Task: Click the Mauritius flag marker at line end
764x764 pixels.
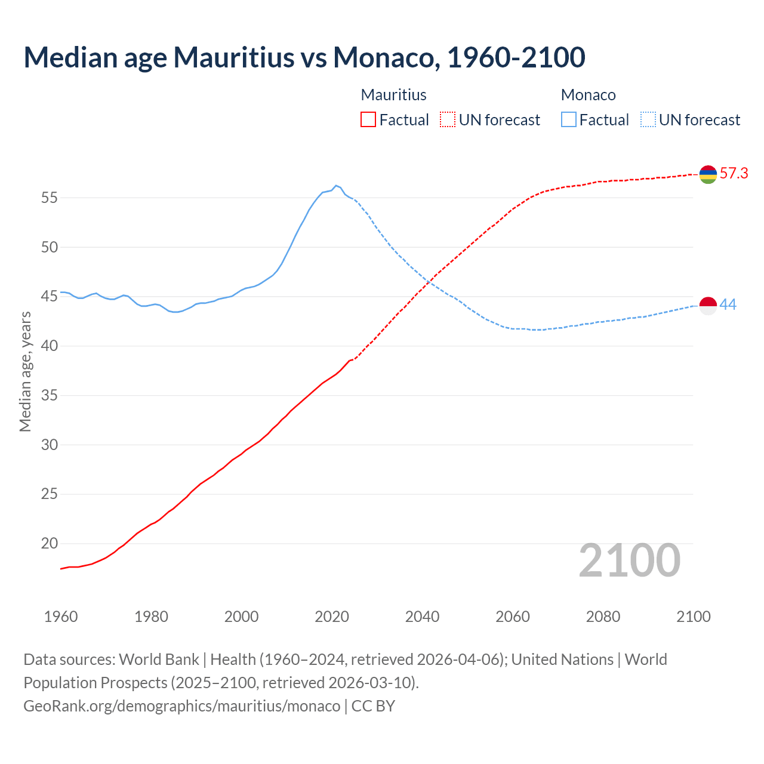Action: point(708,174)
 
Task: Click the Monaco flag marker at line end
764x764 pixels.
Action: point(708,305)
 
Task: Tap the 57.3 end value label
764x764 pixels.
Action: point(734,174)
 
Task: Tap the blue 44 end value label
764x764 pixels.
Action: point(728,304)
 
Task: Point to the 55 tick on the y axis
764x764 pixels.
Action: point(49,198)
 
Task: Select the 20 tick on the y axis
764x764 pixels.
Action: point(49,543)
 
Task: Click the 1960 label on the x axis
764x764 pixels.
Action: point(61,617)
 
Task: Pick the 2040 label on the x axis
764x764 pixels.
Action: point(422,617)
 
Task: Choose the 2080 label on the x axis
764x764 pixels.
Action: point(603,617)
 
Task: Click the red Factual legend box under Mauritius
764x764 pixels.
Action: point(368,119)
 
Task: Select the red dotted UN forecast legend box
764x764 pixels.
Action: point(448,119)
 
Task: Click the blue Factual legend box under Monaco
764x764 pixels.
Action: point(569,119)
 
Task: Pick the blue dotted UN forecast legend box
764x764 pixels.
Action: point(648,119)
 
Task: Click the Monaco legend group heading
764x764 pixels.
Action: point(588,95)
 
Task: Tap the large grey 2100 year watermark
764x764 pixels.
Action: point(629,560)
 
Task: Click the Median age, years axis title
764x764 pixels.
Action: point(25,371)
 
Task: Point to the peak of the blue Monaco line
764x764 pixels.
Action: point(336,186)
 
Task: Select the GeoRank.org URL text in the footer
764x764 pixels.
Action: point(181,706)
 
